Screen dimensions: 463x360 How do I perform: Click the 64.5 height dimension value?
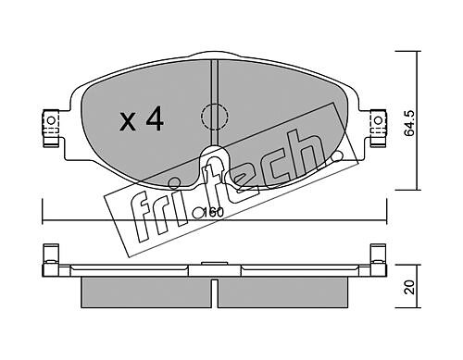click(x=410, y=123)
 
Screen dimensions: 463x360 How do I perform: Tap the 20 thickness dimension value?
click(x=410, y=287)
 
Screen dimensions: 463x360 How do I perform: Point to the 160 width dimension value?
click(x=214, y=213)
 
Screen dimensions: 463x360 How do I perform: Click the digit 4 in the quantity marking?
click(x=155, y=118)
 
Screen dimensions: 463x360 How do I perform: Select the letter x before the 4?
click(x=128, y=121)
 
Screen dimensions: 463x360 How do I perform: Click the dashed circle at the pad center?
click(x=214, y=117)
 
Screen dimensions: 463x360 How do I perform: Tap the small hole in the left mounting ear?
click(x=51, y=120)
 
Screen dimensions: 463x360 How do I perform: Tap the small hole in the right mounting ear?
click(x=378, y=120)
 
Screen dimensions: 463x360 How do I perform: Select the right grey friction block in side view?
click(x=282, y=292)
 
